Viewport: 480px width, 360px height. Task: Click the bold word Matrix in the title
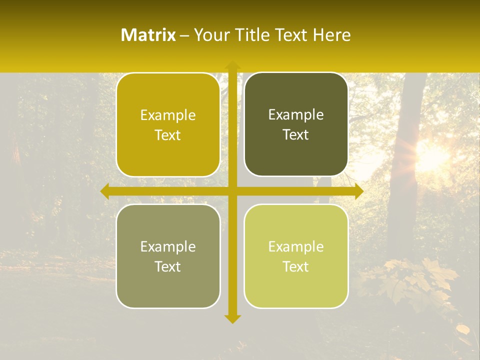pyautogui.click(x=148, y=35)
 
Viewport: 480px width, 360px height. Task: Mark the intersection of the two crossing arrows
pyautogui.click(x=232, y=191)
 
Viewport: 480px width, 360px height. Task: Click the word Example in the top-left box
pyautogui.click(x=168, y=115)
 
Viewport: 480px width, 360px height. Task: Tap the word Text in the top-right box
pyautogui.click(x=296, y=134)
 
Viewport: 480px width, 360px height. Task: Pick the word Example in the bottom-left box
pyautogui.click(x=168, y=246)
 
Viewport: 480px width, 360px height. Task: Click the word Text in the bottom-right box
pyautogui.click(x=296, y=266)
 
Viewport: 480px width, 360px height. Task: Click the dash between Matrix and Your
pyautogui.click(x=184, y=35)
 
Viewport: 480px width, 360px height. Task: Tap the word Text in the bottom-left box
pyautogui.click(x=168, y=266)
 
